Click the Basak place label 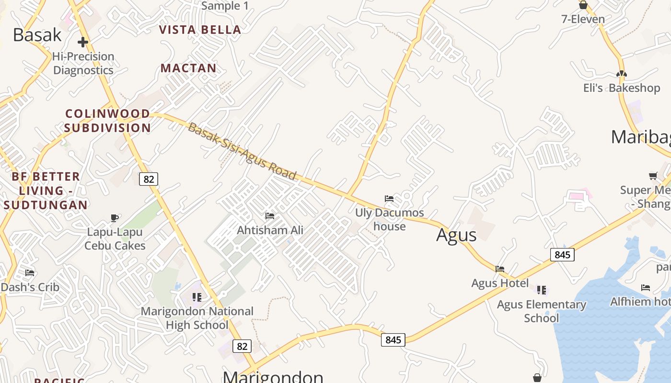37,35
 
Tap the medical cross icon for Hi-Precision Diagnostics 83,42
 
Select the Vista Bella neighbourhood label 200,30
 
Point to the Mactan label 188,68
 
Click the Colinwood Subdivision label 108,121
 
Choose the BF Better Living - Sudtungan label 46,191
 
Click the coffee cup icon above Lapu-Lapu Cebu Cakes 115,218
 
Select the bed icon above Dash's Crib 30,273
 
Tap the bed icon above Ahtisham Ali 270,216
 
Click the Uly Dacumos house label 390,219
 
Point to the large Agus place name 456,235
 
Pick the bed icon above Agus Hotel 500,269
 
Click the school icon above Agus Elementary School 542,290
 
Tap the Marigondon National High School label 197,318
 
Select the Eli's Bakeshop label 622,88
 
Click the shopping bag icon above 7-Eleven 583,5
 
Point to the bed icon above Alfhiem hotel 646,288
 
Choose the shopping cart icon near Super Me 653,176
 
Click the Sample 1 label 225,6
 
